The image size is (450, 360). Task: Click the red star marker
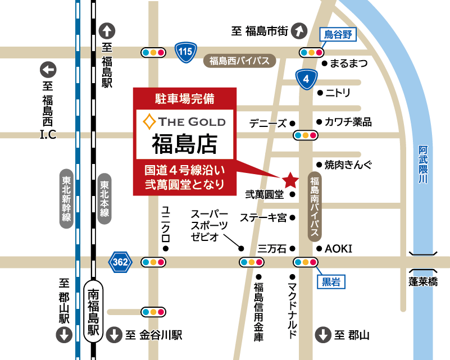tap(290, 180)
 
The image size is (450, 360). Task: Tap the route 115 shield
tap(184, 52)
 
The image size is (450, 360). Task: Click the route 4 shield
tap(306, 80)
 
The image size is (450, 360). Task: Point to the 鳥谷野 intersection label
tap(339, 35)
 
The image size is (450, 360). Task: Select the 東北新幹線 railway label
tap(67, 199)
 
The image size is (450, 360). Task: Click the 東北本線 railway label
tap(104, 199)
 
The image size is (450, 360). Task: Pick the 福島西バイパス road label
tap(240, 61)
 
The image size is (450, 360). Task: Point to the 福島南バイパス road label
tap(315, 208)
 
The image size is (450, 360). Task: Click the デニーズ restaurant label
tap(268, 123)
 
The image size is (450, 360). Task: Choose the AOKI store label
tap(339, 248)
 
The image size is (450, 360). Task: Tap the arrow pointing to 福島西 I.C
tap(49, 71)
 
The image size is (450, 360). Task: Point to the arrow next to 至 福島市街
tap(301, 30)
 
